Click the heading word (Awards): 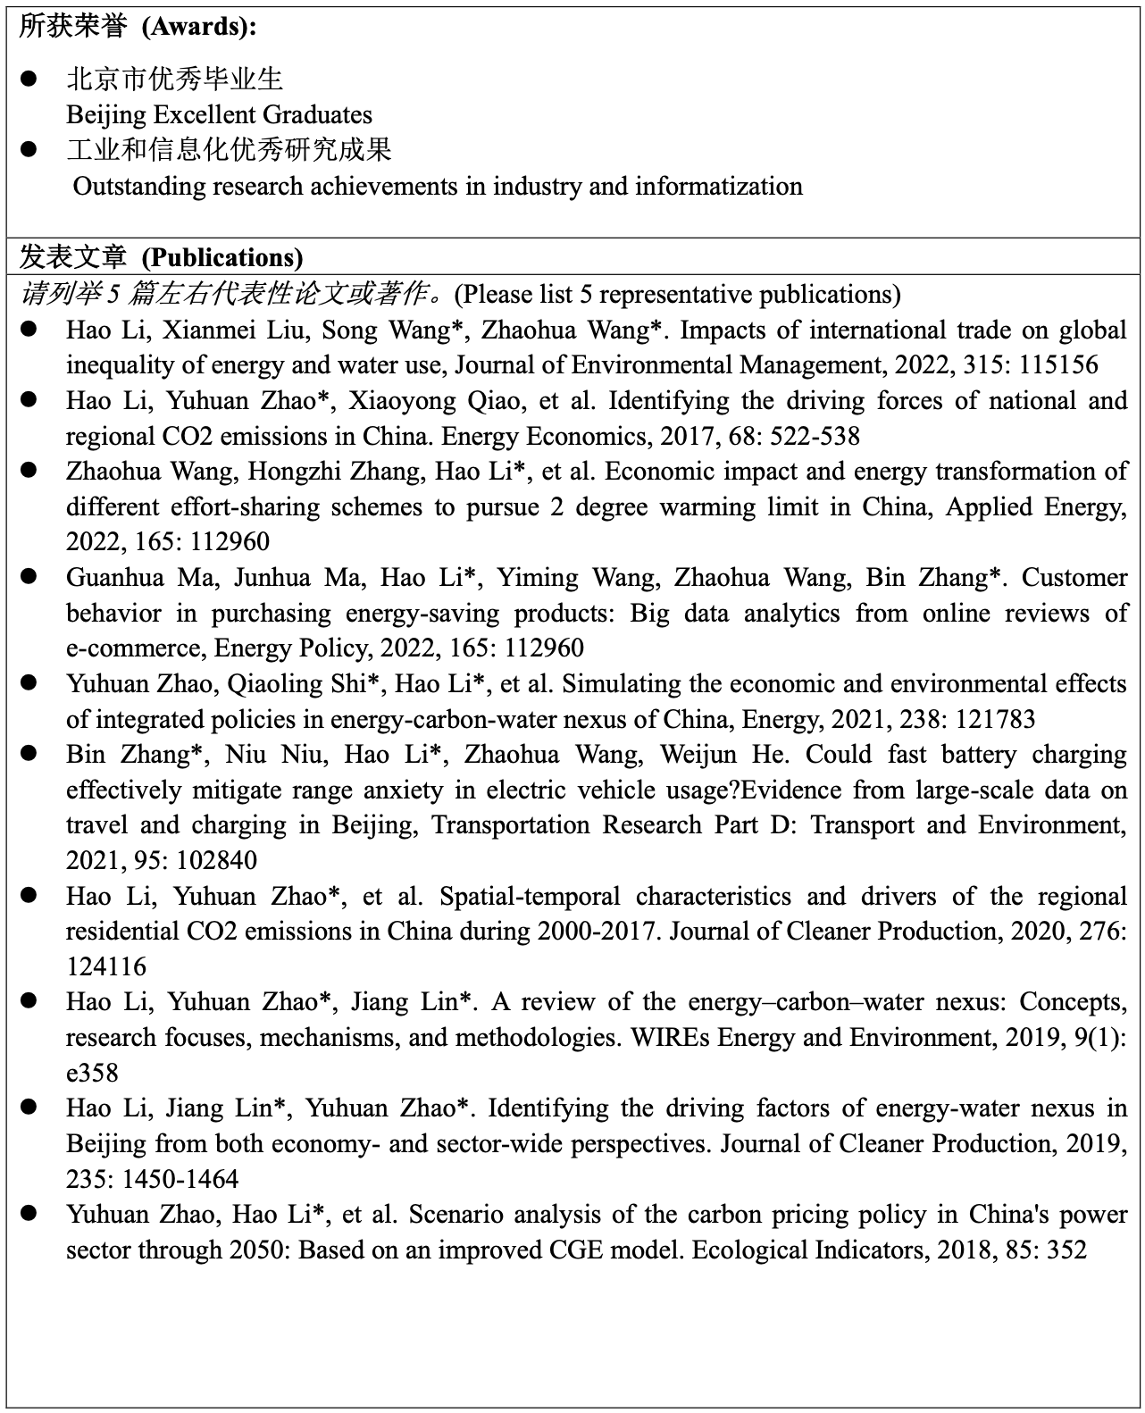click(x=200, y=27)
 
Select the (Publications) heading click(x=222, y=258)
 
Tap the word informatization click(x=718, y=187)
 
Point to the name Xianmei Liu click(x=236, y=330)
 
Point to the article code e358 click(x=92, y=1074)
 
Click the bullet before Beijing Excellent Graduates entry click(x=29, y=79)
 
